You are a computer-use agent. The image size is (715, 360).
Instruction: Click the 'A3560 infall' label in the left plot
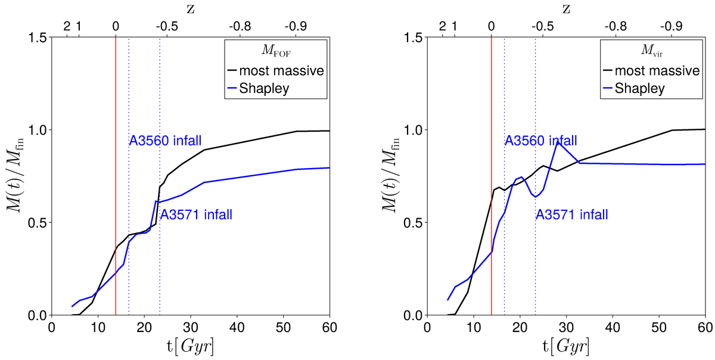click(x=165, y=141)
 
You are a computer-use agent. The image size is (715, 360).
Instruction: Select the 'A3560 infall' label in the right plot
click(x=540, y=141)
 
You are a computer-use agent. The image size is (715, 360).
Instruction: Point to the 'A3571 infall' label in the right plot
click(x=572, y=215)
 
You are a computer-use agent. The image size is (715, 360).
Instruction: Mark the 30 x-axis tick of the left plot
click(x=191, y=327)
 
